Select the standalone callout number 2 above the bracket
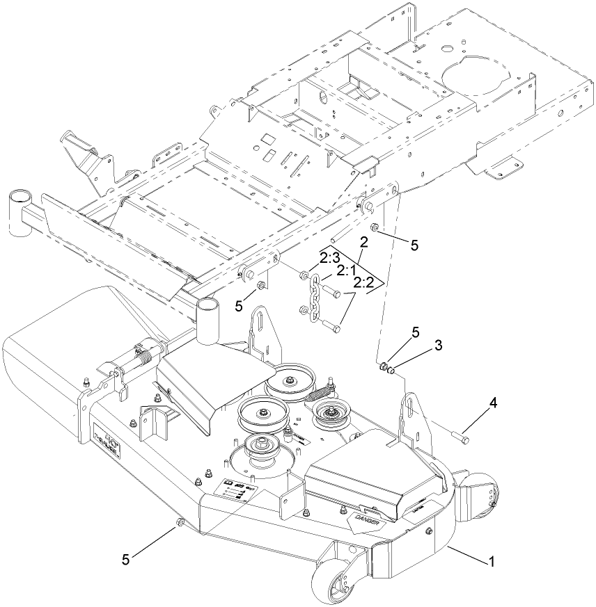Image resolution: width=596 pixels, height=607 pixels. pos(363,243)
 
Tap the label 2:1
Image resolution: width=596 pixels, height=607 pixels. pos(345,270)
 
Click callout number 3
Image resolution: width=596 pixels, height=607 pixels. pos(419,345)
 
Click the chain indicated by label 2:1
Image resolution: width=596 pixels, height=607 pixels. pos(315,298)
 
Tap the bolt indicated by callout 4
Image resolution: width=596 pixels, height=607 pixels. pos(459,438)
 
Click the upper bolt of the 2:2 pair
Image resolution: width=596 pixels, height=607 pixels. pos(333,295)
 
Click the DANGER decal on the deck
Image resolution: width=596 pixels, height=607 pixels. pos(365,521)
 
